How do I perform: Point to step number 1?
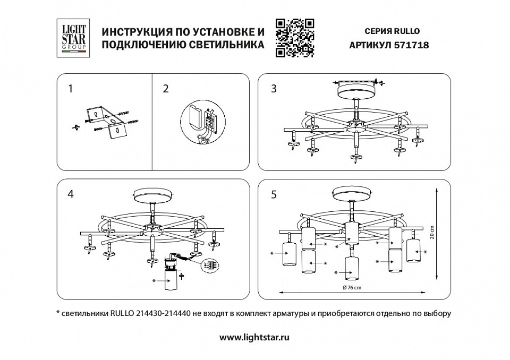tap(70, 89)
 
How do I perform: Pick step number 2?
tap(165, 89)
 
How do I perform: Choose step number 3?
tap(274, 89)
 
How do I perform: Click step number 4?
tap(70, 194)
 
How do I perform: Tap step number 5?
tap(274, 194)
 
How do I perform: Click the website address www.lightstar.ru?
tap(255, 337)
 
